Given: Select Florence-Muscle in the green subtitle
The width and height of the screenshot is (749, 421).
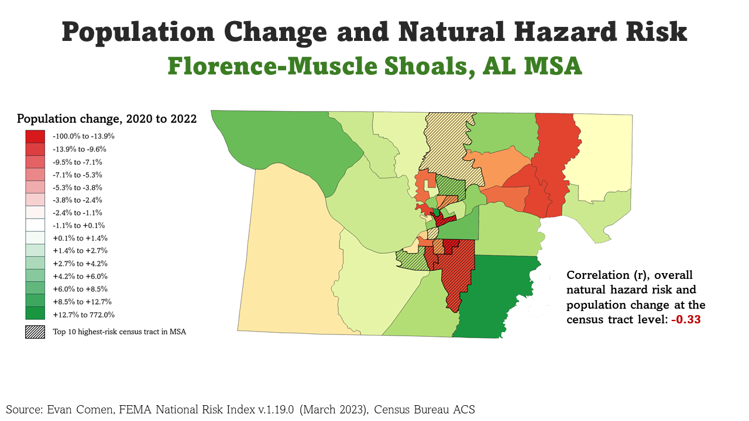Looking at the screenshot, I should point(278,66).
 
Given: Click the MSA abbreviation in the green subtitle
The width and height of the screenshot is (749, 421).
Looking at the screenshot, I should point(552,66).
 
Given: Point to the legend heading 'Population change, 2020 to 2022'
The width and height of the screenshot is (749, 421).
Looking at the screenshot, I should point(106,119).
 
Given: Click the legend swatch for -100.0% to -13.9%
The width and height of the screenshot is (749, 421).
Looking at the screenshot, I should point(35,136).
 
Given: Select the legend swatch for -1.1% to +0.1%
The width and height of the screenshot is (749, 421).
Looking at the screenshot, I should point(35,225).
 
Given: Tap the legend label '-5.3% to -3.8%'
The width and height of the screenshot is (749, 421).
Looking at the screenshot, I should point(77,188).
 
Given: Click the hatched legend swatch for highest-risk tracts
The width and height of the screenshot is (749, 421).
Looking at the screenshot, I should point(35,332).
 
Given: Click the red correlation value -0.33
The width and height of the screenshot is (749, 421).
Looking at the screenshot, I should point(688,320).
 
